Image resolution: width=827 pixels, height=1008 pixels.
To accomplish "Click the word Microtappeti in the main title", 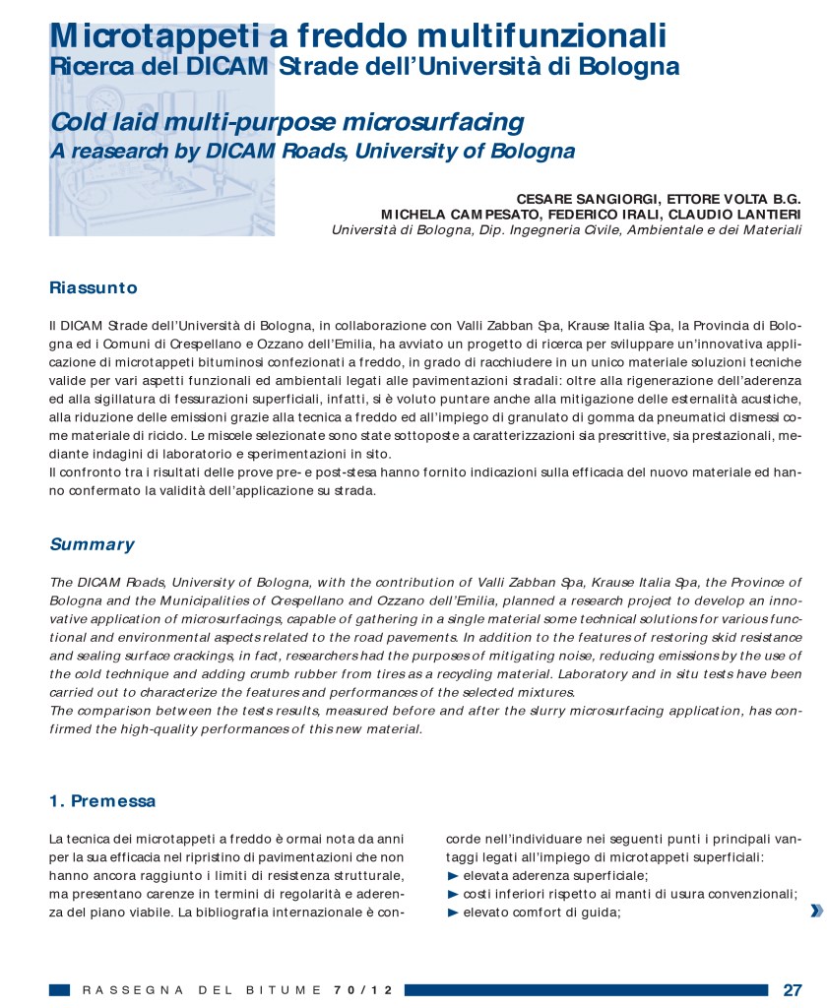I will click(x=147, y=36).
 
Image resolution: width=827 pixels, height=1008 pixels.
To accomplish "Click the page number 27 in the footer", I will click(x=793, y=989).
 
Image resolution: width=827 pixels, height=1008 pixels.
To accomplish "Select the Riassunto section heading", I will click(x=94, y=288).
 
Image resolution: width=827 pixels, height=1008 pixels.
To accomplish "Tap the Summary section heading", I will click(x=92, y=544).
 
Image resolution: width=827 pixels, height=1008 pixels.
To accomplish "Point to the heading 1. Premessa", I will click(x=102, y=801).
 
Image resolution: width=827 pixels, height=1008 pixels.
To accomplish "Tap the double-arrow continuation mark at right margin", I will click(x=816, y=912).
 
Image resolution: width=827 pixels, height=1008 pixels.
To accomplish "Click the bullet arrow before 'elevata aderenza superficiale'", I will click(x=453, y=876).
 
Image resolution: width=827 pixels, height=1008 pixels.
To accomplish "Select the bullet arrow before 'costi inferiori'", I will click(x=453, y=894).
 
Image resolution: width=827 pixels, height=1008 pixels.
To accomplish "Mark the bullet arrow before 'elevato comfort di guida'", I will click(x=453, y=912).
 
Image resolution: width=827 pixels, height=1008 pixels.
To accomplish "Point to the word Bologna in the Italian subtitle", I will click(x=629, y=67).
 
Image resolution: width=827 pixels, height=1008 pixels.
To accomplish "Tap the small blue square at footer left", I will click(x=59, y=989).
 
